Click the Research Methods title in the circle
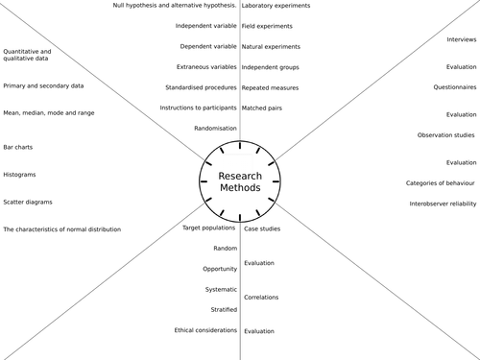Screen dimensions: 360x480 239,182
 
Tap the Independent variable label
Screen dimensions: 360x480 205,25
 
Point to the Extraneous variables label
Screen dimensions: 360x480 206,67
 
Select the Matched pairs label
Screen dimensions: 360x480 263,109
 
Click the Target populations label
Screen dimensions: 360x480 209,228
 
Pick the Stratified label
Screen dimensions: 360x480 224,310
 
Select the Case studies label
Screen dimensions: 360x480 262,229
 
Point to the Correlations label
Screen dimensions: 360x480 261,298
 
